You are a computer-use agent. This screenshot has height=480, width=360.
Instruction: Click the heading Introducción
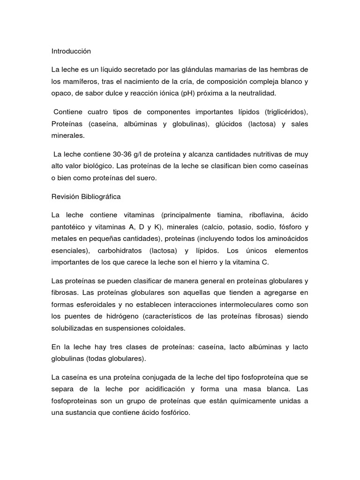pyautogui.click(x=71, y=51)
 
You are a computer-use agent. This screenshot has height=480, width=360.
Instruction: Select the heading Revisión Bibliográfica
pyautogui.click(x=86, y=196)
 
